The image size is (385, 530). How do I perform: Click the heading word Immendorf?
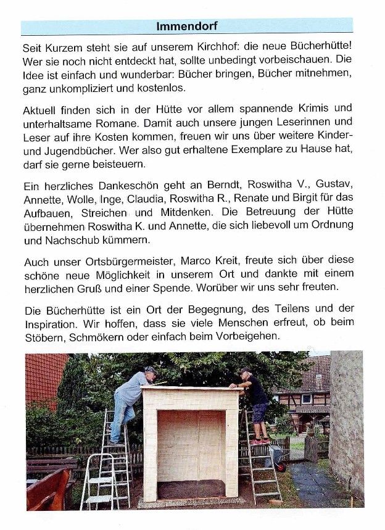[x=186, y=27]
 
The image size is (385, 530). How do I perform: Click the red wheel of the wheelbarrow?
[x=282, y=467]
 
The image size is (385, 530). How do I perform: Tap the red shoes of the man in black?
[x=260, y=441]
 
